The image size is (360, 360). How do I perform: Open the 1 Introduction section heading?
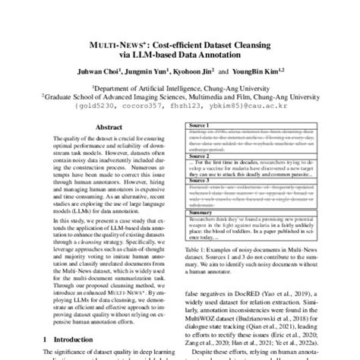tap(65, 337)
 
